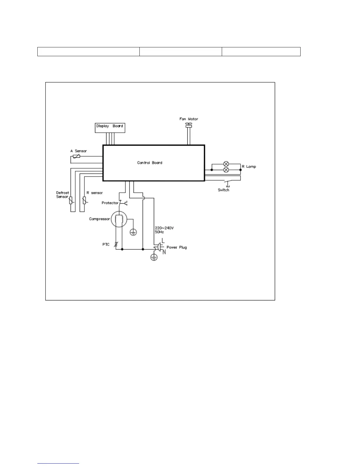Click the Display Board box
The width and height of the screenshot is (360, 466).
tap(110, 128)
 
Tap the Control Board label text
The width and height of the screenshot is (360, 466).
tap(150, 163)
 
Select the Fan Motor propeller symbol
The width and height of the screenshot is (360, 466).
tap(189, 125)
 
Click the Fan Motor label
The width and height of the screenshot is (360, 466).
tap(189, 119)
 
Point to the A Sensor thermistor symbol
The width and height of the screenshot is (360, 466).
tap(76, 156)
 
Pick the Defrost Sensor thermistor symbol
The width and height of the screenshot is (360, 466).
tap(71, 201)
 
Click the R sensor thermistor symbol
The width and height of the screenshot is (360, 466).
tap(84, 201)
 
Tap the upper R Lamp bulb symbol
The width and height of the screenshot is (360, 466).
tap(226, 164)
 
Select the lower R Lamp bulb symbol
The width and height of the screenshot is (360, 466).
tap(226, 170)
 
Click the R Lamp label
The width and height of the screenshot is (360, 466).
tap(249, 167)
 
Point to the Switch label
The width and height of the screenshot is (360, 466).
tap(224, 190)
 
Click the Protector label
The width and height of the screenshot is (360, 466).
tap(110, 203)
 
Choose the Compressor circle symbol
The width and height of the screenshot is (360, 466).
tap(119, 219)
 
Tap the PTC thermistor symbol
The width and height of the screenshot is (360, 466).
tap(116, 244)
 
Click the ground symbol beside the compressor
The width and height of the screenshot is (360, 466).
tap(133, 232)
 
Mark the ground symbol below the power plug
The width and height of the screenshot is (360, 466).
tap(154, 257)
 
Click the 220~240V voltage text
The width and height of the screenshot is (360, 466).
tap(164, 228)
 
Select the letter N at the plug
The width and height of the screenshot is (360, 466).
tap(164, 252)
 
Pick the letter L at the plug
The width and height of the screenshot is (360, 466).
tap(163, 241)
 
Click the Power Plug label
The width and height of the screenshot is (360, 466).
tap(176, 247)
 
